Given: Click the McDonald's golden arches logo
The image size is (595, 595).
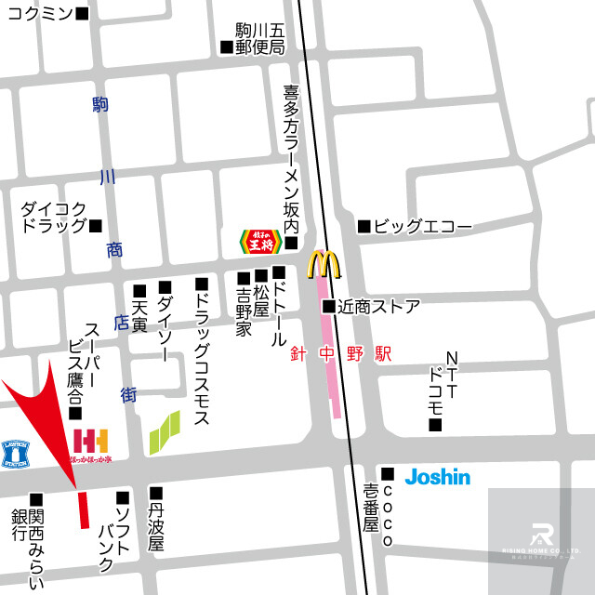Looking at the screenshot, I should (x=324, y=265).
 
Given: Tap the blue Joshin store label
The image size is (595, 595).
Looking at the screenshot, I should (x=437, y=477).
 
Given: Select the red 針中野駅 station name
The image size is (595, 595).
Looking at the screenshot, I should (x=340, y=354).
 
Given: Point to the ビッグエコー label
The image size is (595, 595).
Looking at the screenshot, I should (x=422, y=226).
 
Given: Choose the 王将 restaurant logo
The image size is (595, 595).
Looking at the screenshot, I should (x=260, y=242).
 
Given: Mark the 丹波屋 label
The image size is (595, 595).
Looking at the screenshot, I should (x=155, y=525).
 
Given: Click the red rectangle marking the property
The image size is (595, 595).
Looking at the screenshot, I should (x=83, y=509).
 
